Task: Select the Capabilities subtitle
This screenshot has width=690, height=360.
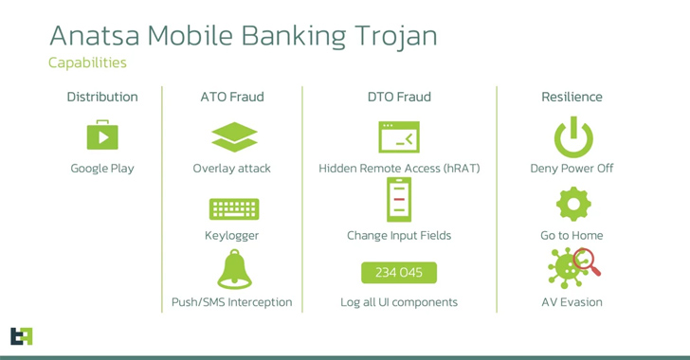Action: pyautogui.click(x=87, y=63)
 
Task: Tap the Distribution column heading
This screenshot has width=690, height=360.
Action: pyautogui.click(x=102, y=97)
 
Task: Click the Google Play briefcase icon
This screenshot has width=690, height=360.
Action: pyautogui.click(x=102, y=135)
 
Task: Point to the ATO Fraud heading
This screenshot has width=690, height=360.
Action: pyautogui.click(x=232, y=97)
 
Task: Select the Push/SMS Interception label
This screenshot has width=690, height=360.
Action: pyautogui.click(x=232, y=302)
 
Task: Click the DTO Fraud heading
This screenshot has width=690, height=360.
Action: pyautogui.click(x=399, y=97)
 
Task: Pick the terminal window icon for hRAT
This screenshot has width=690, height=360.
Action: pyautogui.click(x=399, y=136)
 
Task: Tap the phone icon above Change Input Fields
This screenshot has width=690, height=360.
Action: pyautogui.click(x=399, y=200)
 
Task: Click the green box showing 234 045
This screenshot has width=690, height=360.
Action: pyautogui.click(x=399, y=273)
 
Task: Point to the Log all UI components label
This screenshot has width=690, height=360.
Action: pyautogui.click(x=399, y=302)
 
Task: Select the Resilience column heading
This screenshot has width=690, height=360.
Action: pyautogui.click(x=572, y=97)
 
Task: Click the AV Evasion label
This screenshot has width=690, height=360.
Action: pyautogui.click(x=572, y=302)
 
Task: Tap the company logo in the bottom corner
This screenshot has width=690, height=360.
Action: pyautogui.click(x=21, y=335)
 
